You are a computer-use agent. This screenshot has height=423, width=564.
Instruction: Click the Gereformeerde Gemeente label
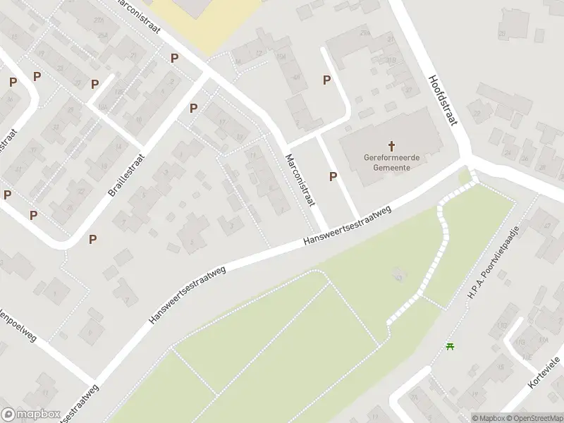coord(391,163)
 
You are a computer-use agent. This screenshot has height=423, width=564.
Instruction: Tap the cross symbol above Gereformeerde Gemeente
coord(391,144)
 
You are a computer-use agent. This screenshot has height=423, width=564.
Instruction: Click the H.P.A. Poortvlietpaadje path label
coord(493,263)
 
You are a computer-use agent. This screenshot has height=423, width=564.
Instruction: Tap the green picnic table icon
coord(450,345)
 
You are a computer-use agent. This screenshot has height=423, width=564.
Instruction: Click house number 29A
coord(364,33)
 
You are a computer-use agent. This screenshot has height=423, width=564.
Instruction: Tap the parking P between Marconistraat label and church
coord(333,176)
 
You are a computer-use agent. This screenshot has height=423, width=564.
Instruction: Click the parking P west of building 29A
coord(326,80)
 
